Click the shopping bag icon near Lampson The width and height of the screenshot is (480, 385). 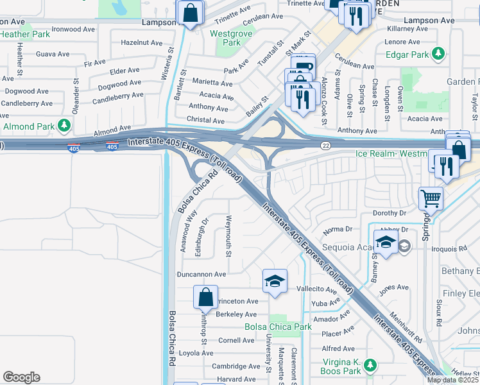click(x=191, y=12)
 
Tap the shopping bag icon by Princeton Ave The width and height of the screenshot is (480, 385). click(x=205, y=297)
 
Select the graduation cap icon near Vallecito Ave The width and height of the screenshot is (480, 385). click(x=275, y=281)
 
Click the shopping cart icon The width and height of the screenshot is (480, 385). click(x=431, y=198)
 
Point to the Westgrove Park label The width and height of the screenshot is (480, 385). click(x=223, y=37)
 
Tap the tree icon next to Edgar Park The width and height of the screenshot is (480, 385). click(x=438, y=54)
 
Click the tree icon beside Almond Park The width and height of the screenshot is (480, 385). click(x=64, y=126)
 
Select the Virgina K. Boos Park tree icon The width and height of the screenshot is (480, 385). click(x=370, y=365)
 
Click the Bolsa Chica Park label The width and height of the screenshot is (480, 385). click(x=278, y=327)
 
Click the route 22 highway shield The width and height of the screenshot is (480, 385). click(x=327, y=146)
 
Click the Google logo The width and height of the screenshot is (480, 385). click(x=21, y=377)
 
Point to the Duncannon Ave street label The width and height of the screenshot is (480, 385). click(x=201, y=274)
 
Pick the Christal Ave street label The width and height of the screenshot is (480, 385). click(x=205, y=120)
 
